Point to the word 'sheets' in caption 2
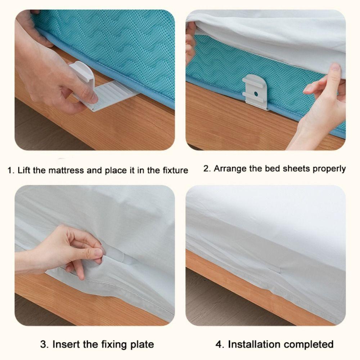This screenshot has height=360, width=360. pos(297,168)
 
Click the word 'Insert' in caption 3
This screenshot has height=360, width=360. pos(67,344)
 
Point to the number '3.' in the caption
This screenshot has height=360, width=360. pos(44,344)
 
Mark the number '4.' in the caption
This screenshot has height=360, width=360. pos(220,344)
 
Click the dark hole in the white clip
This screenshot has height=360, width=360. pos(256,93)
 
